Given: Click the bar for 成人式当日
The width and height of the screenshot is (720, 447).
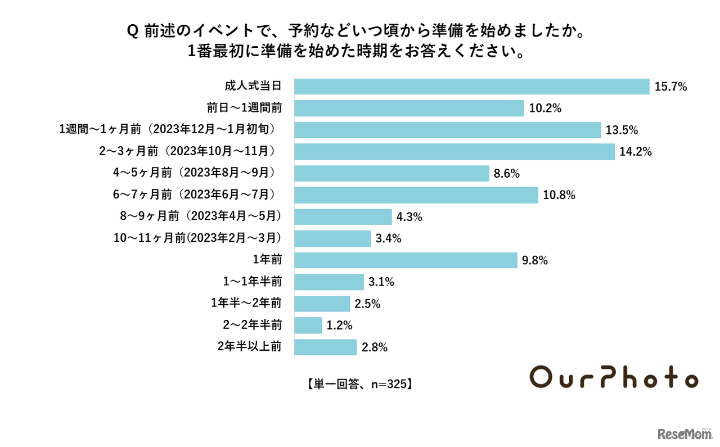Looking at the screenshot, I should point(471,87).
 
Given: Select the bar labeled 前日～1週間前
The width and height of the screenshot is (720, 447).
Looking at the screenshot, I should point(409,109).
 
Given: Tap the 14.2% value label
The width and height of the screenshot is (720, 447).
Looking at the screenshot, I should point(635,152).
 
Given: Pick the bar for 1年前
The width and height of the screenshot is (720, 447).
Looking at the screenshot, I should point(406,260).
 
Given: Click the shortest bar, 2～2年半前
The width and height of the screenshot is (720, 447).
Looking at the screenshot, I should point(308,326).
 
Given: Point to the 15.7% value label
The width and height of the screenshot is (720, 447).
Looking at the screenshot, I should point(670,87).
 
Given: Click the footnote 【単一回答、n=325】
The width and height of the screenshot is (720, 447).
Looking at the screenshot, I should point(361,385).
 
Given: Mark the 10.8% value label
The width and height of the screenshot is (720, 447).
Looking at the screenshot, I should point(559,195).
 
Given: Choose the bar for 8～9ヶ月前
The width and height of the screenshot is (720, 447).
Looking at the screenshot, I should point(343,217).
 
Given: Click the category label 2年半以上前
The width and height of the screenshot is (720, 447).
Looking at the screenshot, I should point(249,347).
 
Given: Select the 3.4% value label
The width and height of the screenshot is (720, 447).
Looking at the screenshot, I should point(388,239).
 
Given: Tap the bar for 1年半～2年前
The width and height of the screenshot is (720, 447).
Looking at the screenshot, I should point(322,304).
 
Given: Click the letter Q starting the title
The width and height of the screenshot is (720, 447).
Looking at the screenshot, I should point(133,31).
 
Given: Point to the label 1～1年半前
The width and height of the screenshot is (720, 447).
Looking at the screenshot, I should point(252,282).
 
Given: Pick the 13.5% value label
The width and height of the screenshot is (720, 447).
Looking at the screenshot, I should point(622,130).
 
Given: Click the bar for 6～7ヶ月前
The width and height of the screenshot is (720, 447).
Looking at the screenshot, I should point(416,195).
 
